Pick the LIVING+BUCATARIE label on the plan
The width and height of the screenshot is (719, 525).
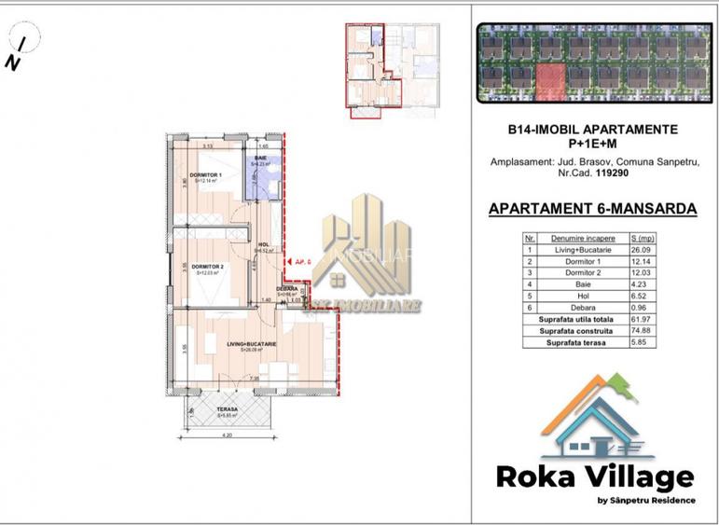pyautogui.click(x=251, y=344)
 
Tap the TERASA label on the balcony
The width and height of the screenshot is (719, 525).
pyautogui.click(x=226, y=410)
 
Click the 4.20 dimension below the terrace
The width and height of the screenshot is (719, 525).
pyautogui.click(x=226, y=435)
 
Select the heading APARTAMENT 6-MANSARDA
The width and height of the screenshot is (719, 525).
pyautogui.click(x=592, y=209)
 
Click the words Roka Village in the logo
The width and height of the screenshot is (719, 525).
pyautogui.click(x=594, y=478)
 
